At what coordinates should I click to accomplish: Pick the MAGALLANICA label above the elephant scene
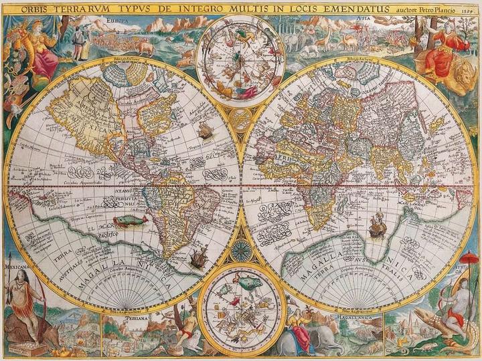pos(353,318)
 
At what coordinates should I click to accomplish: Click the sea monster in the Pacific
pos(128,220)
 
